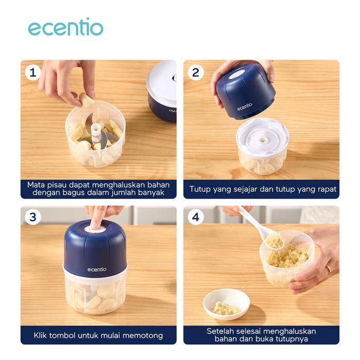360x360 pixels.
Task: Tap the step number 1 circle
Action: point(33,73)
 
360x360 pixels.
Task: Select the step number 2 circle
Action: point(195,73)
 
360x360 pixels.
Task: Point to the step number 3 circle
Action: point(33,217)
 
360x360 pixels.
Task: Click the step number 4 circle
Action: point(195,217)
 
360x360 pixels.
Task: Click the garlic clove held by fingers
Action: point(86,99)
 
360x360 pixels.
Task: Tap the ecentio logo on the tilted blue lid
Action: point(245,107)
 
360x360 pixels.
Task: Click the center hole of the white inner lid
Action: point(262,140)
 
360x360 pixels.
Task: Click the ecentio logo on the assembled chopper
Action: point(97,269)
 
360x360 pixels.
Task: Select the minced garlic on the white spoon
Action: point(274,240)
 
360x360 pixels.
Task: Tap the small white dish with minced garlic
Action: point(226,304)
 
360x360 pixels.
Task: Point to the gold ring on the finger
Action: point(329,269)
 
